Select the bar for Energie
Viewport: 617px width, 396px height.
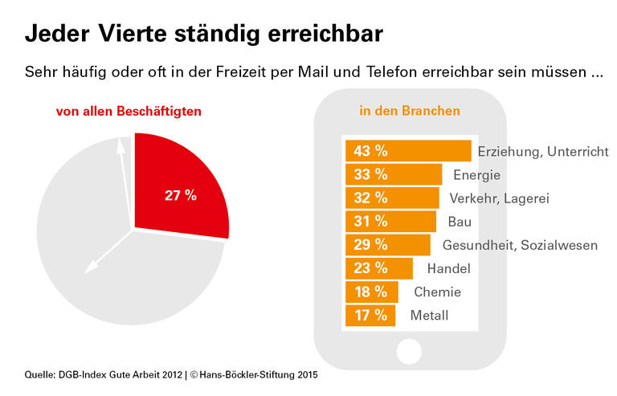[x=393, y=174]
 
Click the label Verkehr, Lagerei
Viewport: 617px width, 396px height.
[x=499, y=198]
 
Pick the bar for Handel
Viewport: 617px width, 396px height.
[x=378, y=268]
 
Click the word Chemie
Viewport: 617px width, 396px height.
[x=437, y=292]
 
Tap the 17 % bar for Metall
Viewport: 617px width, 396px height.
[x=370, y=316]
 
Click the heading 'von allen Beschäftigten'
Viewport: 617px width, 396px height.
[x=129, y=111]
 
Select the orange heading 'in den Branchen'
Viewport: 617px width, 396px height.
[x=410, y=111]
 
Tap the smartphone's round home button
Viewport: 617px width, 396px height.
[x=410, y=351]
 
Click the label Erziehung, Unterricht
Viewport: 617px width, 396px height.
[x=543, y=151]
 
